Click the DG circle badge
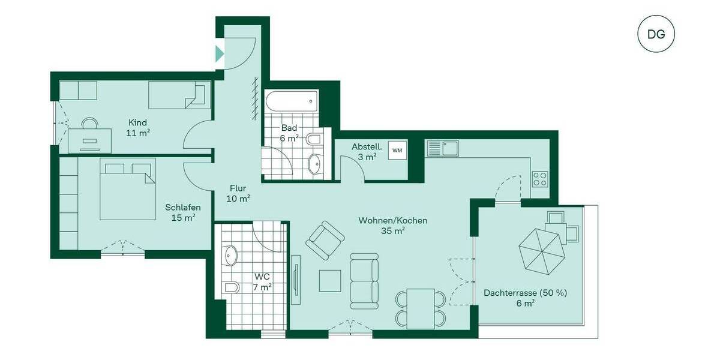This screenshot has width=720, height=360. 656,34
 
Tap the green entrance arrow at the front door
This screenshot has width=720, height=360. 220,53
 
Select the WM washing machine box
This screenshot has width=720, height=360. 397,151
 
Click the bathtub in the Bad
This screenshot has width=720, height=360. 290,101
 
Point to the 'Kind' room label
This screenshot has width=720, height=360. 137,122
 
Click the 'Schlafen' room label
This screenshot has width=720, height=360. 183,208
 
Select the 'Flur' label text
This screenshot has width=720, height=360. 238,187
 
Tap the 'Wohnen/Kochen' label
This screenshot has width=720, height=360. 393,220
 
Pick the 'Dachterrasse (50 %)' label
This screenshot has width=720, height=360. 526,293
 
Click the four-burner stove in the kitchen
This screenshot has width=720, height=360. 539,179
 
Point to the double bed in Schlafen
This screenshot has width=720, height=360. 127,188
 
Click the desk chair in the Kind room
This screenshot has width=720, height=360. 91,124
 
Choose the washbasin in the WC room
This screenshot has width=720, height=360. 230,257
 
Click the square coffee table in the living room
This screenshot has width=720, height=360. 329,281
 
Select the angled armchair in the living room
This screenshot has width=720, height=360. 325,240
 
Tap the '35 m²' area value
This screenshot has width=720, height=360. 393,230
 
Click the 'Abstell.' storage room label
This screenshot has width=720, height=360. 364,146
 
